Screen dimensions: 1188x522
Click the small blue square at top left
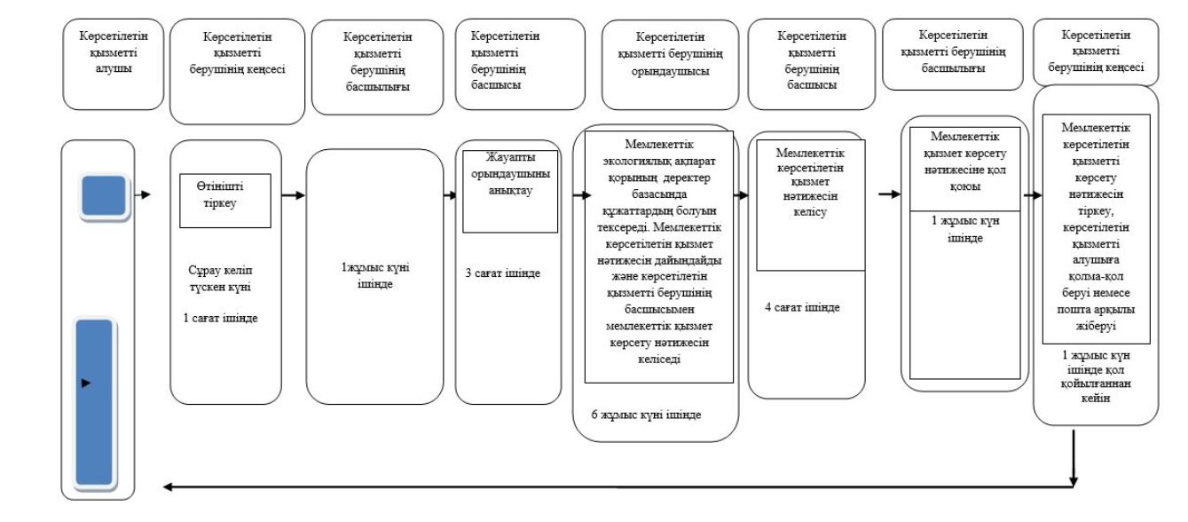coord(104,195)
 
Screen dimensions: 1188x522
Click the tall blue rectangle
coord(94,402)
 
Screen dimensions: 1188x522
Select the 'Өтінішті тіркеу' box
coord(225,201)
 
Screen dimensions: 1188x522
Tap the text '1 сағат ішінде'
coord(221,319)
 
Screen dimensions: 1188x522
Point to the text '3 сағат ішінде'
coord(503,273)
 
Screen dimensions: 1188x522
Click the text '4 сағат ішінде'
coord(802,307)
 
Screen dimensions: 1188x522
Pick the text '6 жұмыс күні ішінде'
coord(647,415)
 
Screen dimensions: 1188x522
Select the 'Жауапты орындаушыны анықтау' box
coord(510,192)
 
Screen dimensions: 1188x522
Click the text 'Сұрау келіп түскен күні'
coord(221,279)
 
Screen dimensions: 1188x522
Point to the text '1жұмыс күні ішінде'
coord(375,275)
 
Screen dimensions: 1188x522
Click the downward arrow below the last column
coord(1074,458)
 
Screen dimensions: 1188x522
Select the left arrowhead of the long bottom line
coord(168,486)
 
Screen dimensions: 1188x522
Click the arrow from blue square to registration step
coord(143,194)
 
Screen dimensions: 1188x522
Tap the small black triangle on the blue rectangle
coord(86,383)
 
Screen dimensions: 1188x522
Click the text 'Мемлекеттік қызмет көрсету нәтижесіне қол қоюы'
coord(964,162)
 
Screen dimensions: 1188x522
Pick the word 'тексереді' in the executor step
coord(624,227)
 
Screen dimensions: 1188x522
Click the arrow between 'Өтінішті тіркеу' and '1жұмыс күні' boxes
coord(294,195)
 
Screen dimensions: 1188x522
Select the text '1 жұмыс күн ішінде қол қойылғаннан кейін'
coord(1096,376)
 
